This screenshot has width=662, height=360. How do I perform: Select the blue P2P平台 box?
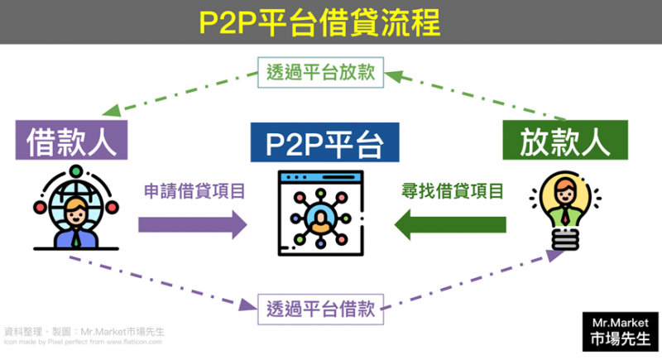pyautogui.click(x=325, y=142)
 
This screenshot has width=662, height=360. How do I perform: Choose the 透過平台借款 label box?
pyautogui.click(x=321, y=310)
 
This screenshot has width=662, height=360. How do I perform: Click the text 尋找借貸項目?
pyautogui.click(x=451, y=192)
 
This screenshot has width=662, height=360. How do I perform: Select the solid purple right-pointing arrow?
pyautogui.click(x=192, y=223)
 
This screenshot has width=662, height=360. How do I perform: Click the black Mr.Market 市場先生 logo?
pyautogui.click(x=621, y=329)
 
